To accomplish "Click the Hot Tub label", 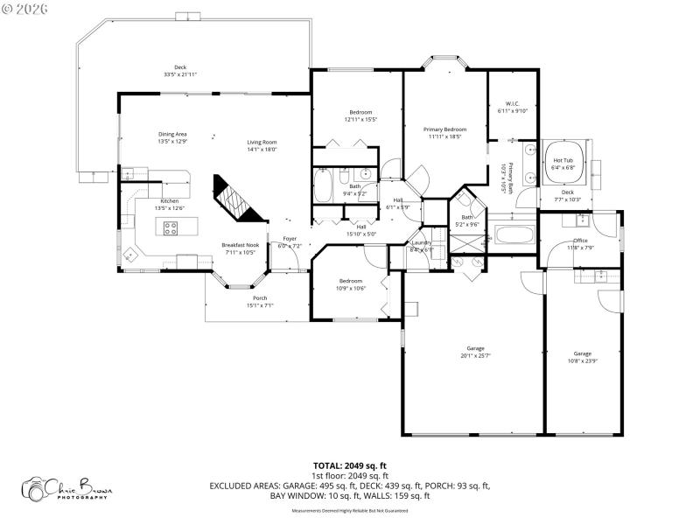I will (x=563, y=160).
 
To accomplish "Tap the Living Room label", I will (x=261, y=142).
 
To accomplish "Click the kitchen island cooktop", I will (x=171, y=229).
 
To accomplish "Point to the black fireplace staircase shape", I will (x=236, y=199).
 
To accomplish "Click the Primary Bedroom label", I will (x=444, y=129).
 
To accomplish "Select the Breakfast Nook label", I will (x=239, y=245).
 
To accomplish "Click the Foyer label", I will (x=289, y=239).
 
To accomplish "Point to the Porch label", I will (x=260, y=297).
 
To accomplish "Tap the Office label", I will (x=581, y=240).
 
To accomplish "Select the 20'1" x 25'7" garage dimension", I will (x=475, y=354).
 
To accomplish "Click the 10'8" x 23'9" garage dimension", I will (x=583, y=360).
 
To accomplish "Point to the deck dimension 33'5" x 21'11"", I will (x=180, y=74).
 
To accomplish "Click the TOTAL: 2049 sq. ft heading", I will (x=350, y=465).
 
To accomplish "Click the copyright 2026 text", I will (x=25, y=8).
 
